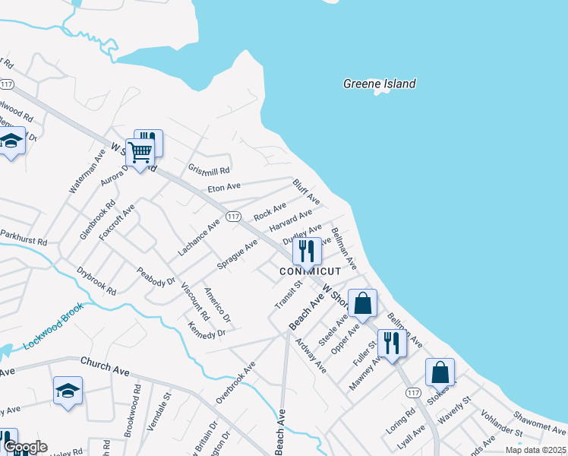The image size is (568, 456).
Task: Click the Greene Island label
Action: (379, 84)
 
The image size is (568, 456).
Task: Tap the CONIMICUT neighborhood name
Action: (310, 271)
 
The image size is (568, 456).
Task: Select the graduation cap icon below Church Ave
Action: (68, 391)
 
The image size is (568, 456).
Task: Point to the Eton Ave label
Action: (224, 186)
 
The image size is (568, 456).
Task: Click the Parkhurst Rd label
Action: (24, 238)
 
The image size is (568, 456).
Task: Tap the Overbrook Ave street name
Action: (235, 382)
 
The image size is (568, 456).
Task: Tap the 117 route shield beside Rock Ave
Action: (233, 217)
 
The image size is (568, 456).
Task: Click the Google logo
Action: (24, 447)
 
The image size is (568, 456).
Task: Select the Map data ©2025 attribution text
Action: (535, 450)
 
